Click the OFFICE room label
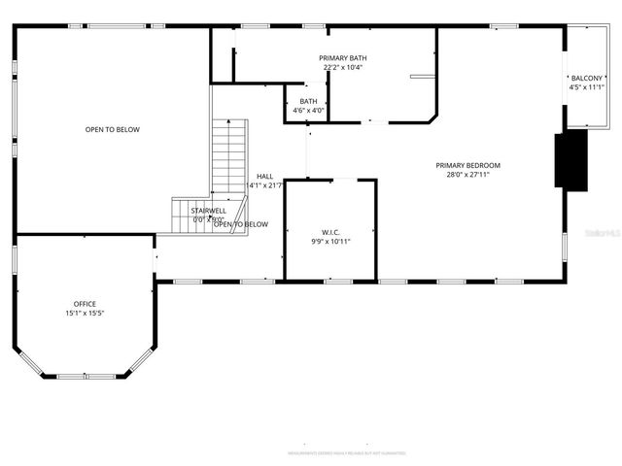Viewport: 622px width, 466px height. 86,304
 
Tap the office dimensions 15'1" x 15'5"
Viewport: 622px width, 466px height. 86,314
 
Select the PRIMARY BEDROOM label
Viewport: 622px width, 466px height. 467,165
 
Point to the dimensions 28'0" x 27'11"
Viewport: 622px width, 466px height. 467,175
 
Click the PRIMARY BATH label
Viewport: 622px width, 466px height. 343,58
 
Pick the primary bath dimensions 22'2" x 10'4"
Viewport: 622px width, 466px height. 343,68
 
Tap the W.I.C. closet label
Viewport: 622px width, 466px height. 330,232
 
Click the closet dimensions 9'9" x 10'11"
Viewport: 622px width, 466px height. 330,242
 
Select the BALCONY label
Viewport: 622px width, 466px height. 586,78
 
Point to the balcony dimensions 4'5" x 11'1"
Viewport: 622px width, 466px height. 586,87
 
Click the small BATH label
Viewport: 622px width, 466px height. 308,101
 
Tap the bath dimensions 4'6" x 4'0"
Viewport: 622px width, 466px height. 308,111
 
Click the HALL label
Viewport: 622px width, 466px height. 264,176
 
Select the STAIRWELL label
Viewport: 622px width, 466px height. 208,210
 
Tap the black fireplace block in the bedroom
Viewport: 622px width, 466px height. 570,159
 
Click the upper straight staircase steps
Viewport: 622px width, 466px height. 230,155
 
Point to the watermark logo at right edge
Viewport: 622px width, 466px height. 605,233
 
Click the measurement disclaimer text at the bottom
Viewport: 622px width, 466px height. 346,452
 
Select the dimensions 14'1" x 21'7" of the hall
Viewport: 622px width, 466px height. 264,185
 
